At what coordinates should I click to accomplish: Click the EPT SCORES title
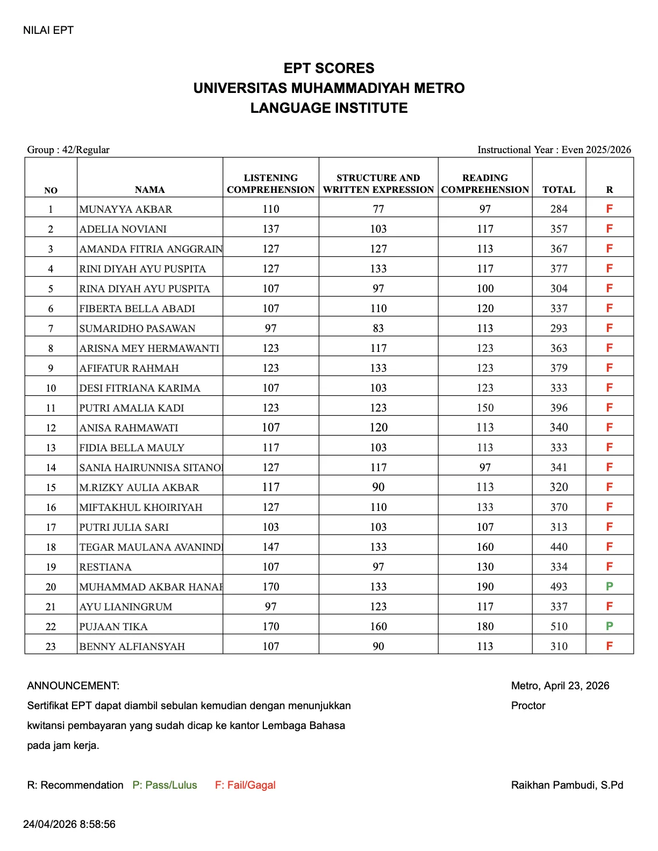click(329, 68)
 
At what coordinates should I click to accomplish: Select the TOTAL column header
click(559, 190)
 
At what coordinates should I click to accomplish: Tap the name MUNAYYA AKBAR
click(126, 209)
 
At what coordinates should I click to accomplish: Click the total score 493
click(559, 587)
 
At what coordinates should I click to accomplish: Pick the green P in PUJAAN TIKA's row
click(609, 626)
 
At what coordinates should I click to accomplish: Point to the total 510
click(559, 626)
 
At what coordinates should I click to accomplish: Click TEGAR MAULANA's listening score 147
click(271, 547)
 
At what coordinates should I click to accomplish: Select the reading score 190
click(485, 587)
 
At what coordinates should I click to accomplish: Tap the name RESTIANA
click(105, 567)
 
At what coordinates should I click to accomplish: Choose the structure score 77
click(378, 209)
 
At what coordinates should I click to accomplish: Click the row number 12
click(51, 428)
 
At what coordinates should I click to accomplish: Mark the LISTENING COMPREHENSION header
click(271, 184)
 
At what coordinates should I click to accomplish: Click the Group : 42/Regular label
click(68, 150)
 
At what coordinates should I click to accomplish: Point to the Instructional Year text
click(554, 150)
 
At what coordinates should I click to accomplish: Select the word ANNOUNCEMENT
click(73, 686)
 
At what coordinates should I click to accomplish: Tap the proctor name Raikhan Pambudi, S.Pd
click(567, 785)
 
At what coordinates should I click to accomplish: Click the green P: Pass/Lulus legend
click(164, 785)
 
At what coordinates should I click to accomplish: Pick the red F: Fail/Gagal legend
click(245, 785)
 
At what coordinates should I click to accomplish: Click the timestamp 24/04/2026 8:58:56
click(69, 824)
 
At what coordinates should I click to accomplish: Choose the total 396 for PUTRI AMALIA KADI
click(559, 408)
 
